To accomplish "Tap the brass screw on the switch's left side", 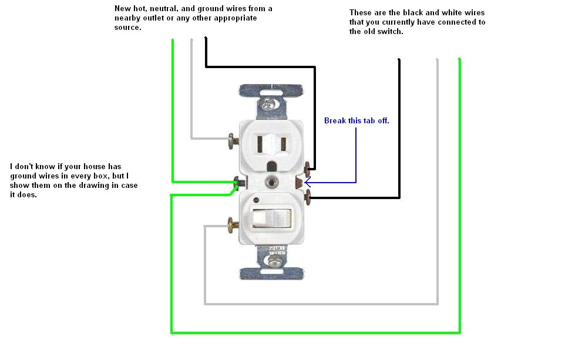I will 231,224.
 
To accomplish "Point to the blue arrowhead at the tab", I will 307,183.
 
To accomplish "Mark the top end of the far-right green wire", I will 459,59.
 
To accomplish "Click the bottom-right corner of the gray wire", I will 437,304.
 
